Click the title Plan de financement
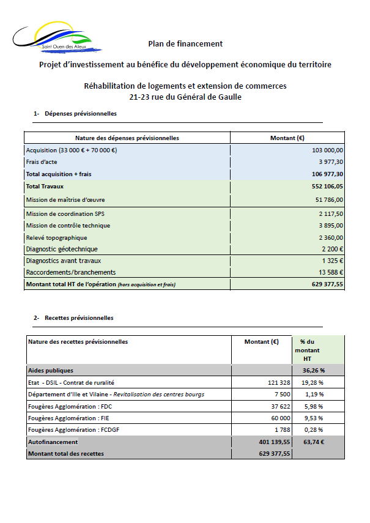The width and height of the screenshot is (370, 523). (185, 43)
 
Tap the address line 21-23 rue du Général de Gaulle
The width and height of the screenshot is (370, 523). (185, 97)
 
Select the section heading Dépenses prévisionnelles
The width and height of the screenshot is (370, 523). (80, 114)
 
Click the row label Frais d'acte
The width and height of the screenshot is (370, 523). (42, 162)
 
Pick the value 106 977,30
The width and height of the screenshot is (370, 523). (327, 174)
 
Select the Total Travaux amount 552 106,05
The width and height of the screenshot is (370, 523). (327, 187)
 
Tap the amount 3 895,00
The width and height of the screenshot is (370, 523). (331, 226)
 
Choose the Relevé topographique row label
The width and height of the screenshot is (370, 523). (56, 237)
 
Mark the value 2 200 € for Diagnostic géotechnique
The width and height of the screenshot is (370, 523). (332, 249)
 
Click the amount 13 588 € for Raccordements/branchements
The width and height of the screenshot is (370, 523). (330, 272)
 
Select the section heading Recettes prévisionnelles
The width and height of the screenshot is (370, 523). (79, 318)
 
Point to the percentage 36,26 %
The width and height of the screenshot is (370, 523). (313, 371)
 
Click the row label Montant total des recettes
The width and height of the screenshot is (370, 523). (66, 453)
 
